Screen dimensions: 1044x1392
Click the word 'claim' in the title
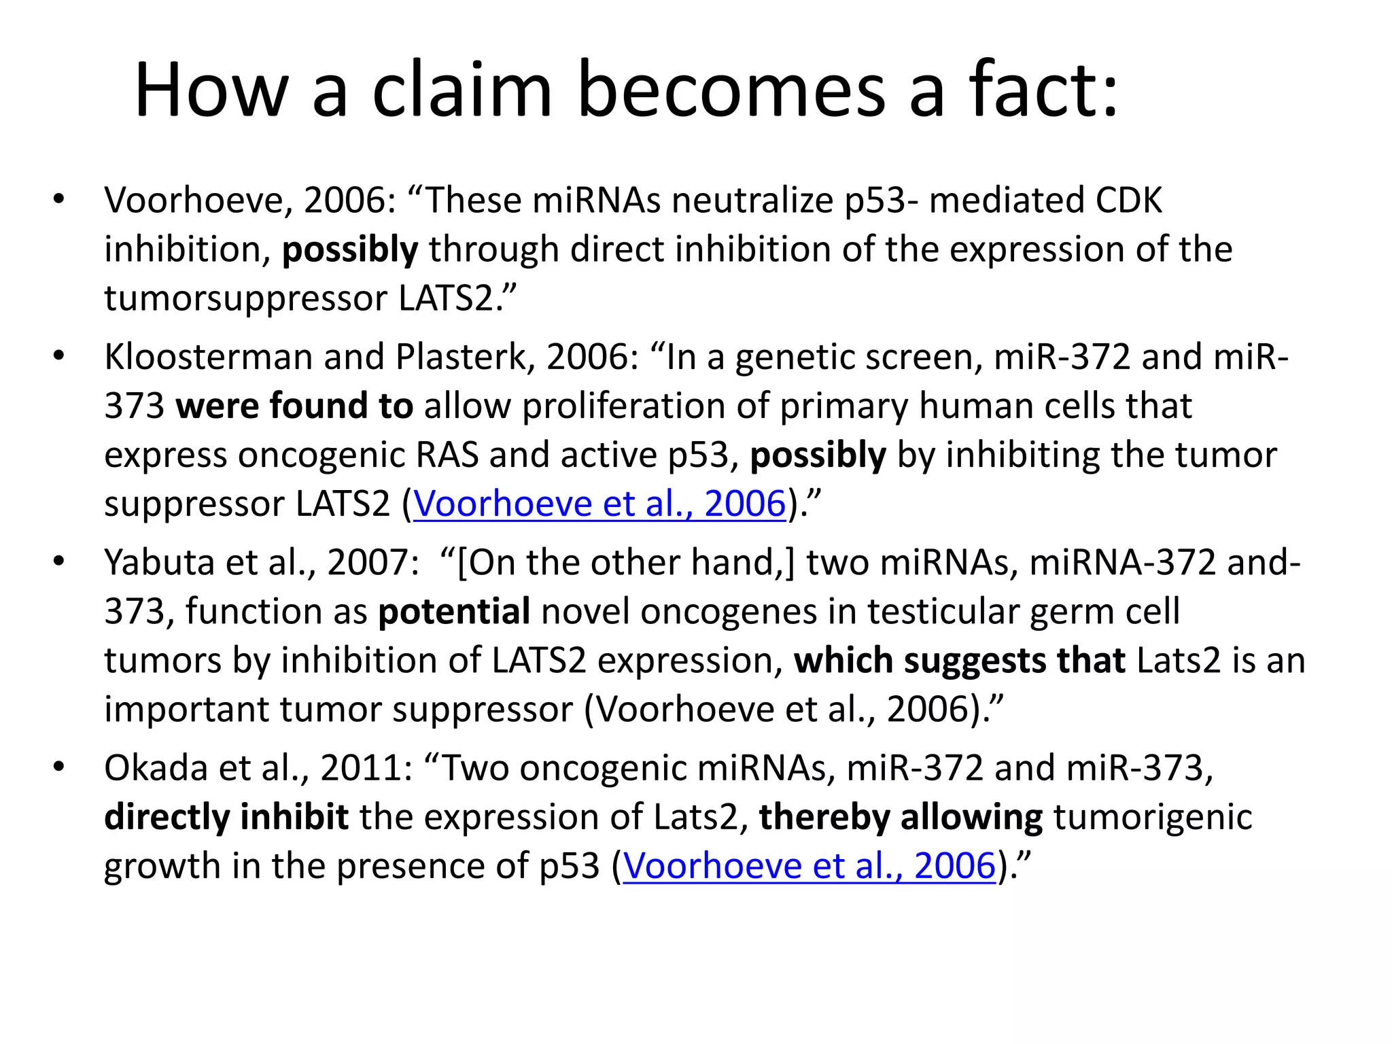462,90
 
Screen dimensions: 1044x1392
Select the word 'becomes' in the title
731,90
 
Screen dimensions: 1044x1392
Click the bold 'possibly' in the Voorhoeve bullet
350,249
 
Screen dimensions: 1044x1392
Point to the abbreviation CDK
1128,201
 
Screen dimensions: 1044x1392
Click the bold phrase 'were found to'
294,406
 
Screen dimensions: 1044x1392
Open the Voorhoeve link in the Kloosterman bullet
599,504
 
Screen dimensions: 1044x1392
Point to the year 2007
367,563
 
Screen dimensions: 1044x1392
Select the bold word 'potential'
454,612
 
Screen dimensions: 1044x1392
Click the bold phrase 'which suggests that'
959,661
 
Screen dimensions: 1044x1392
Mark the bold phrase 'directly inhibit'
226,817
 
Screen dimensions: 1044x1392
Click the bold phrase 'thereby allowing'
901,817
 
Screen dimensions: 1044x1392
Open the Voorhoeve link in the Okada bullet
809,866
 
